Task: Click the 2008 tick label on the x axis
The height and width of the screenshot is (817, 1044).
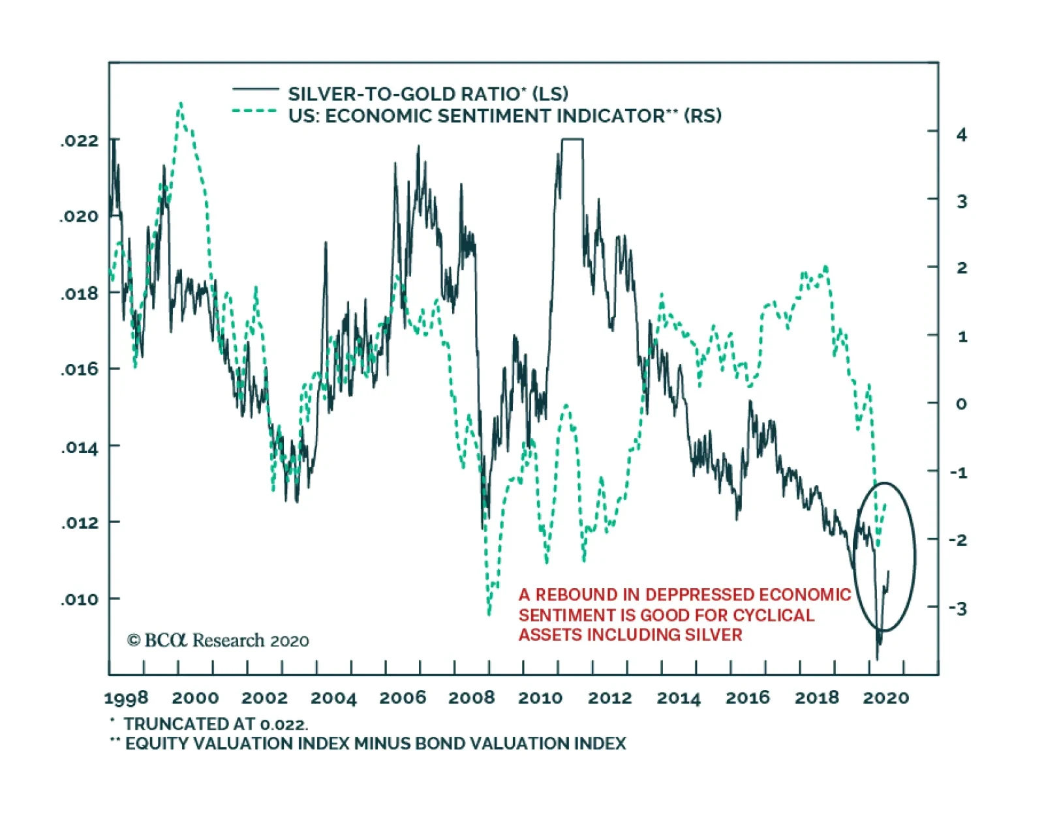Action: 471,698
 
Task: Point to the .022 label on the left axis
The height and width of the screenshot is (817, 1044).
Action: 80,141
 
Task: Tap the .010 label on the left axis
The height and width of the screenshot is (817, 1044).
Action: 80,599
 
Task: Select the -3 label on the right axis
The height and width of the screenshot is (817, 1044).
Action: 957,609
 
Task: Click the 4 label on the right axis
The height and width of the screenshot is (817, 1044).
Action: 961,135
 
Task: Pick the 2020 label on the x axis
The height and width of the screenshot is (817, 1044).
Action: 885,698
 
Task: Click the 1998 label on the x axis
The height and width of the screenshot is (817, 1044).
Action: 126,698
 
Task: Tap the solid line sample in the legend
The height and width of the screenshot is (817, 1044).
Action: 255,88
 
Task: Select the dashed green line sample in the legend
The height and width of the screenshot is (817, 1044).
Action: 255,111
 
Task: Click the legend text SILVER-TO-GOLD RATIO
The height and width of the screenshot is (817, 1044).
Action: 403,94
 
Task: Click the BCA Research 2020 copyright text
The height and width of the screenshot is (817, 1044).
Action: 218,640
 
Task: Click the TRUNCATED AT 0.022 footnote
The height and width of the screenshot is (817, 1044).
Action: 215,724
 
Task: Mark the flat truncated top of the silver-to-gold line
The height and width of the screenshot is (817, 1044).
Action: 572,139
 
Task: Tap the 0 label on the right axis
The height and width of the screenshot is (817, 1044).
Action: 960,404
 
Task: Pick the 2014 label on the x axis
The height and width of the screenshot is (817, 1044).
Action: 678,698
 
